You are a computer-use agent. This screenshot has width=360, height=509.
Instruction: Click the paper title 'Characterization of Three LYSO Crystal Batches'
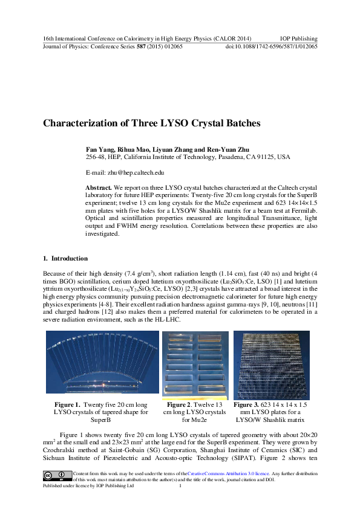click(151, 123)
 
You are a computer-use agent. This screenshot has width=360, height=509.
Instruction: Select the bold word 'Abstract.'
click(99, 189)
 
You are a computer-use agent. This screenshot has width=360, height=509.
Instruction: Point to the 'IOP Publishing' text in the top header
click(299, 38)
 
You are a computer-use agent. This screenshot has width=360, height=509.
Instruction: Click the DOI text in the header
click(271, 46)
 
